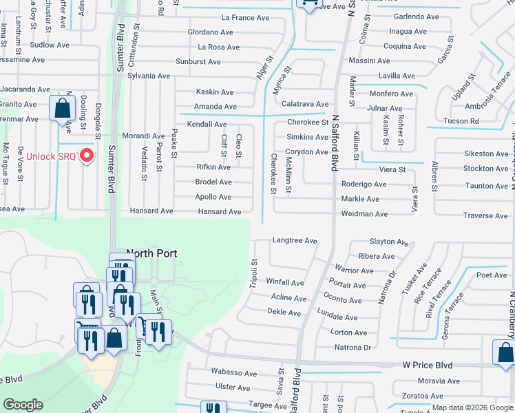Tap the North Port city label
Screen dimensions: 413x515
(x=151, y=253)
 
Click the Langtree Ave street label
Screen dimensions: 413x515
(x=294, y=241)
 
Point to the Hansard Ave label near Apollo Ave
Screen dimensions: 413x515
(x=220, y=211)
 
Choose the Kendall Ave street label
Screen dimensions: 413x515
(x=207, y=124)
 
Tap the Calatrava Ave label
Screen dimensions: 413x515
(x=304, y=104)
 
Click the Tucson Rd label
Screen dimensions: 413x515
(x=465, y=121)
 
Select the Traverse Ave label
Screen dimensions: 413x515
(x=485, y=216)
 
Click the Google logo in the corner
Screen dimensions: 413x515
(x=23, y=405)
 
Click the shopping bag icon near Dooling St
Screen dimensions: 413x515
(x=62, y=108)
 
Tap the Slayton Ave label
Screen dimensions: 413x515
(x=389, y=242)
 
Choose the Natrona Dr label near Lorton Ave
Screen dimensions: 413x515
(x=352, y=348)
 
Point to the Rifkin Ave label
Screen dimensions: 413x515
(x=213, y=167)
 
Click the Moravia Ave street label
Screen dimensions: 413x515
(x=438, y=381)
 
